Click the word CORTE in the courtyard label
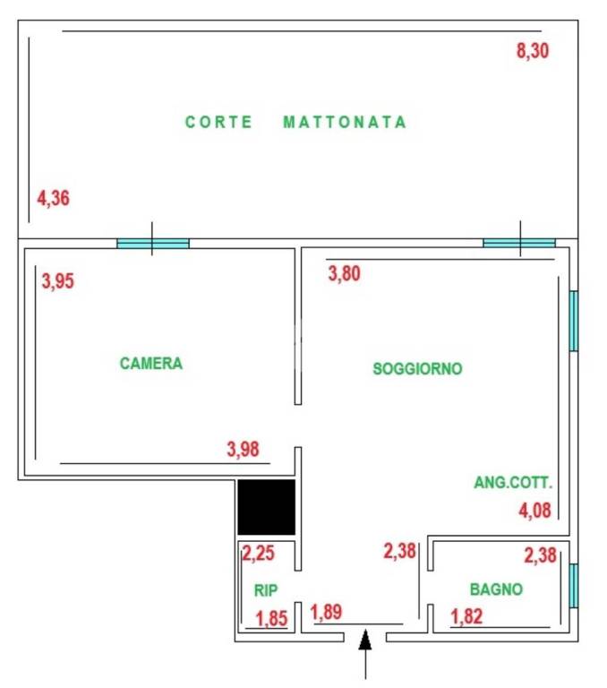click(218, 122)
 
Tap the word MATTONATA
click(345, 122)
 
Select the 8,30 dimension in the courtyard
click(533, 51)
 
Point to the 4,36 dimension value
click(53, 198)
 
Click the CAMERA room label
click(151, 364)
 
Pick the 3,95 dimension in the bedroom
click(58, 281)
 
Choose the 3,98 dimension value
click(244, 450)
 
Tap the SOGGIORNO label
click(417, 368)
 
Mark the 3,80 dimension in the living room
click(345, 275)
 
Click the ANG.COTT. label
click(513, 483)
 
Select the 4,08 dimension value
click(535, 512)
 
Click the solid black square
click(266, 507)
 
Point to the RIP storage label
click(265, 590)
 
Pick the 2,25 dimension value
click(259, 554)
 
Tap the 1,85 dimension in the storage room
click(271, 617)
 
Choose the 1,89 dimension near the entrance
click(327, 614)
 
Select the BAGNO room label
click(496, 589)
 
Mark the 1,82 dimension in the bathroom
click(466, 616)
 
